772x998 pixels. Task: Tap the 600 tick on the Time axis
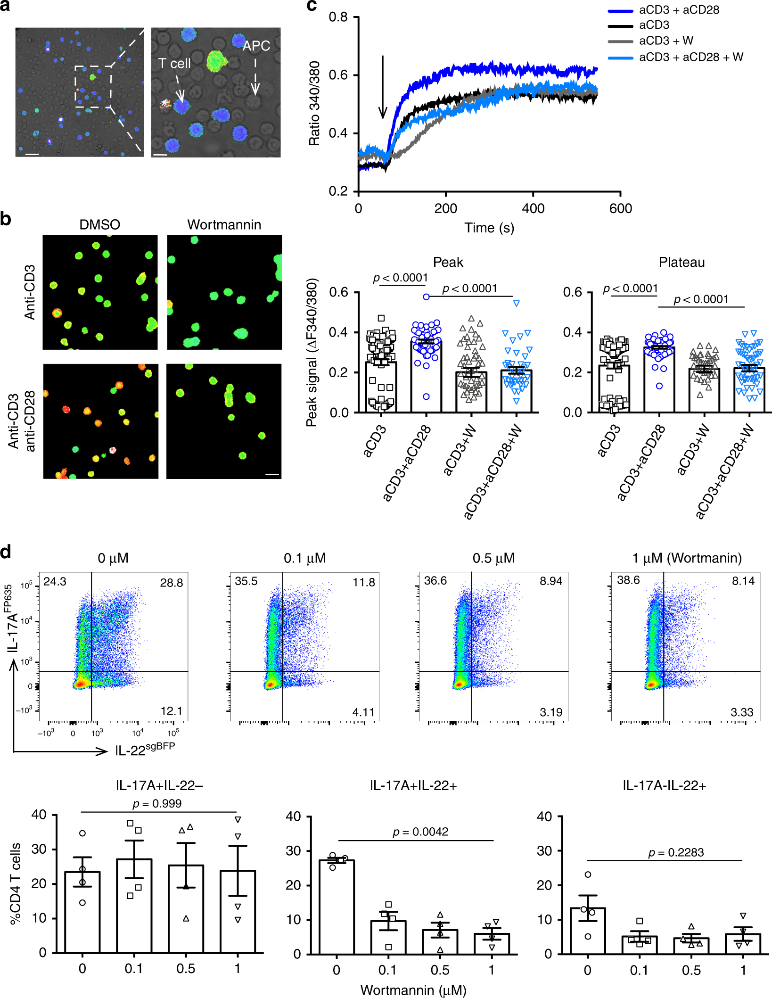coord(620,208)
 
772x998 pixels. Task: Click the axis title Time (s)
coord(489,228)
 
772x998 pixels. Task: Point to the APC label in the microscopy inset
coord(256,46)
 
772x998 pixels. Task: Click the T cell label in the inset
coord(174,64)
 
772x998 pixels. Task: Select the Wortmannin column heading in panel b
coord(224,225)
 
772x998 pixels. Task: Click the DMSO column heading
coord(99,225)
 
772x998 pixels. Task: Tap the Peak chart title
coord(448,263)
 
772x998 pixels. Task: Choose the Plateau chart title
coord(682,263)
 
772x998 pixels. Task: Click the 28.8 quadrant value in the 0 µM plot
coord(171,583)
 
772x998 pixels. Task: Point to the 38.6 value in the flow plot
coord(628,580)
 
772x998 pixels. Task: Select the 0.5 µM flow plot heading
coord(493,558)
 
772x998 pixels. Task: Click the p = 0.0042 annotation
coord(420,832)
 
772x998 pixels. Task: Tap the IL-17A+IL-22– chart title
coord(159,785)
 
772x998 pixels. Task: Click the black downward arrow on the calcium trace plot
coord(383,87)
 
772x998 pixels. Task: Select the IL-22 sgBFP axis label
coord(145,749)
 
